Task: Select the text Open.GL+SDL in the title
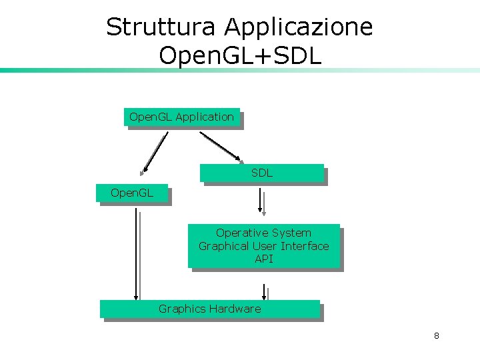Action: [x=240, y=55]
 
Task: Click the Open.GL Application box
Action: [x=181, y=117]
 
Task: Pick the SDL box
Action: [x=262, y=173]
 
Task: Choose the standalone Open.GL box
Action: [x=132, y=193]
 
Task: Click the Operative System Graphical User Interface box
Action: [x=264, y=246]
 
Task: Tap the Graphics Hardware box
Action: [x=210, y=309]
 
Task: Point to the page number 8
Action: [x=436, y=335]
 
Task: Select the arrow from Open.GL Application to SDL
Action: [x=223, y=147]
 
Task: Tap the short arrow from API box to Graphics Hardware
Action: [x=265, y=292]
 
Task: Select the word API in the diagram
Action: [x=264, y=259]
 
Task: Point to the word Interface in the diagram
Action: [x=305, y=246]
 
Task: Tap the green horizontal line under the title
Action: [x=240, y=70]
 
